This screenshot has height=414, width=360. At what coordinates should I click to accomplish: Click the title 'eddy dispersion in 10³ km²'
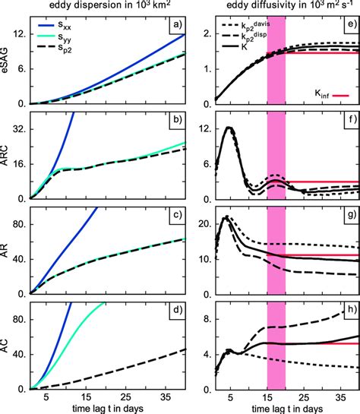coord(99,7)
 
